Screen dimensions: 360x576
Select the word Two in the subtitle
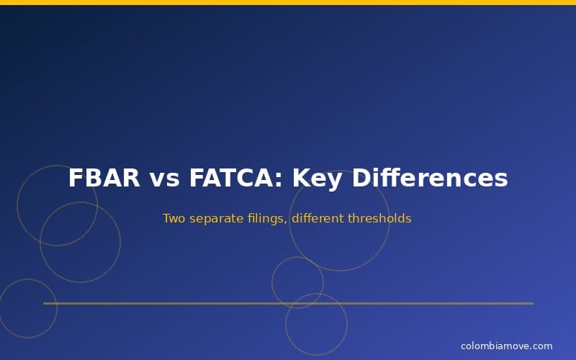click(x=174, y=218)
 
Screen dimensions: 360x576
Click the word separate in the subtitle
click(x=214, y=218)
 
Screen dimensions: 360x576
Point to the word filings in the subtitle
click(x=264, y=218)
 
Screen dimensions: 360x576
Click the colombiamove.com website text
click(x=506, y=346)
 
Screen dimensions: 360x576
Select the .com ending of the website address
click(x=541, y=346)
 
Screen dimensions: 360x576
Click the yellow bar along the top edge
click(x=288, y=2)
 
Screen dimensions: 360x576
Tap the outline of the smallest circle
click(x=272, y=282)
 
